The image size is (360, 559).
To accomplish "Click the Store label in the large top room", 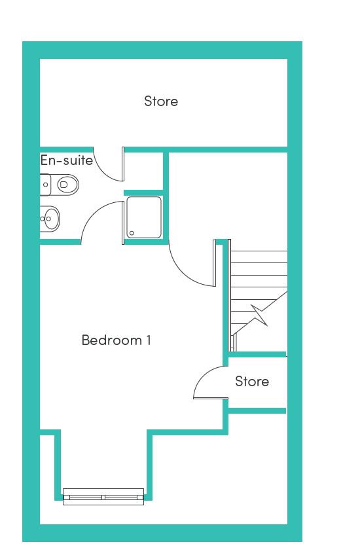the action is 161,101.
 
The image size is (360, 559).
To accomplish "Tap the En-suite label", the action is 67,160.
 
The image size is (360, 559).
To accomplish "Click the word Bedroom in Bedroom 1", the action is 112,340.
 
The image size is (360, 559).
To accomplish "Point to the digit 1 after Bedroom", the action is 149,340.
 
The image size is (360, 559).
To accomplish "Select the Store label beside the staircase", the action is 252,382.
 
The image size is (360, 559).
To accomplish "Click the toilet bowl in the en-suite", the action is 67,185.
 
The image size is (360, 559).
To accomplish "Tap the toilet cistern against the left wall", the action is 45,185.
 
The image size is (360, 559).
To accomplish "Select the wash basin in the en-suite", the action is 50,219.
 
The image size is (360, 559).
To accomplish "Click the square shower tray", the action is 144,217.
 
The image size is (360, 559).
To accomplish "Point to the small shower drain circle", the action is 132,233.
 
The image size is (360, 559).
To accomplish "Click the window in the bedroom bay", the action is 103,497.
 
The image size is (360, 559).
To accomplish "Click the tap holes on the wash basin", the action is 43,219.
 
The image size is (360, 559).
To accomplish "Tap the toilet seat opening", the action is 64,185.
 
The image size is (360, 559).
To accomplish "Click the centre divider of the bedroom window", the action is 103,497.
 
